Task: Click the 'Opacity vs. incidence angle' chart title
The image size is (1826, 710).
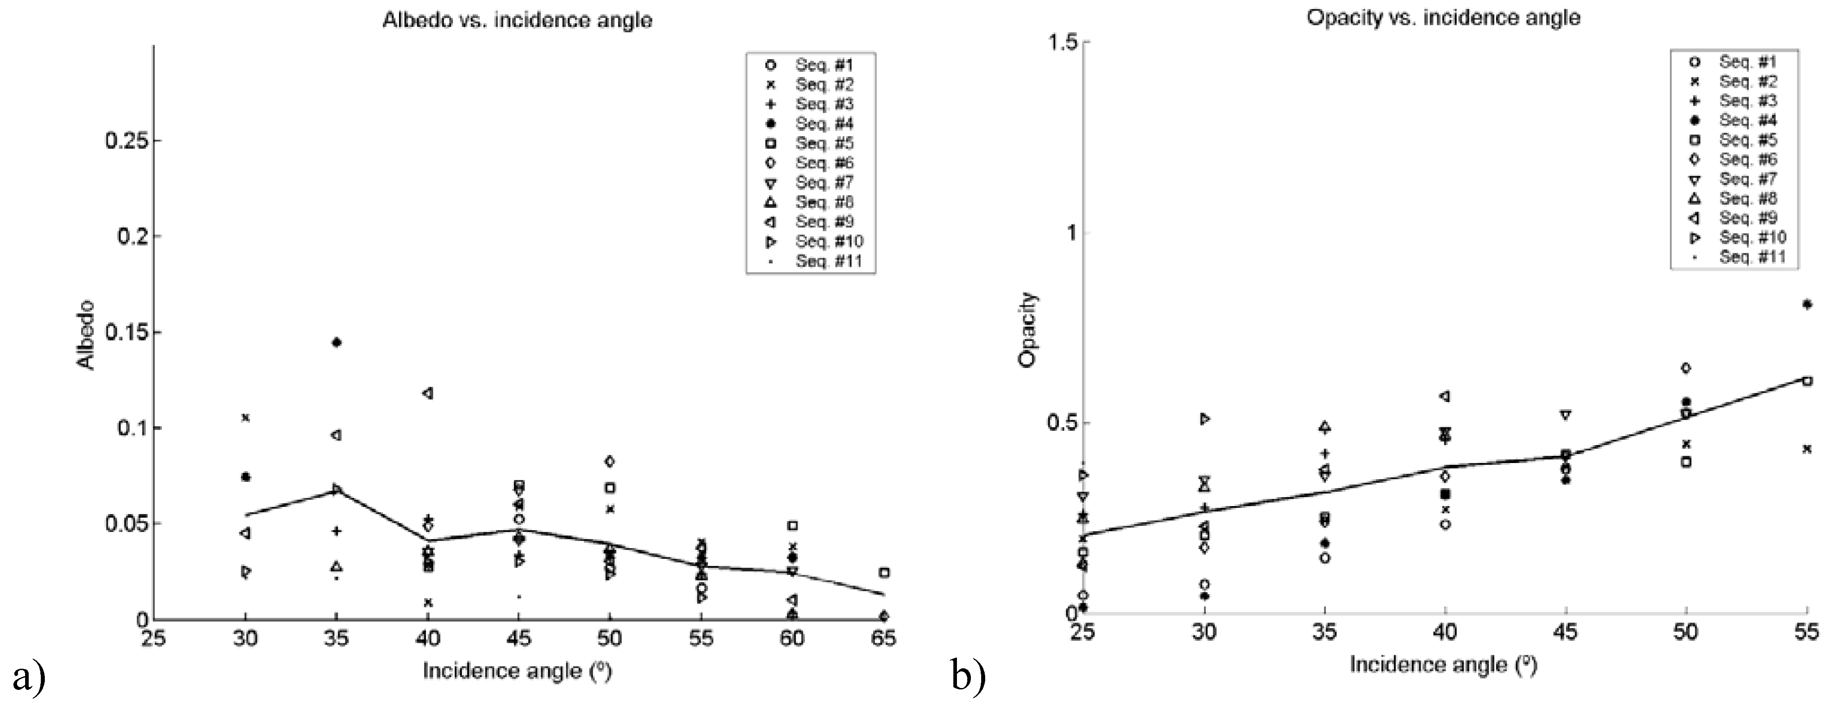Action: pyautogui.click(x=1443, y=18)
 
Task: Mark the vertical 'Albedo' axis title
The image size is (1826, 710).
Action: pyautogui.click(x=86, y=335)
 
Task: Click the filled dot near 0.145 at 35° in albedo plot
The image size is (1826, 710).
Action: pyautogui.click(x=337, y=342)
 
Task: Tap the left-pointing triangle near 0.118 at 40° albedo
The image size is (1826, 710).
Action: pyautogui.click(x=427, y=393)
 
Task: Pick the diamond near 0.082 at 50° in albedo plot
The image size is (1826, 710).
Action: pyautogui.click(x=609, y=461)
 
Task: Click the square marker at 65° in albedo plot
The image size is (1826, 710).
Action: pyautogui.click(x=884, y=572)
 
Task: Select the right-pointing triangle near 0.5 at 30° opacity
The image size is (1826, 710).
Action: pyautogui.click(x=1204, y=419)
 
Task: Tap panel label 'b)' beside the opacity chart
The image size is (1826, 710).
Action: pyautogui.click(x=969, y=677)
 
